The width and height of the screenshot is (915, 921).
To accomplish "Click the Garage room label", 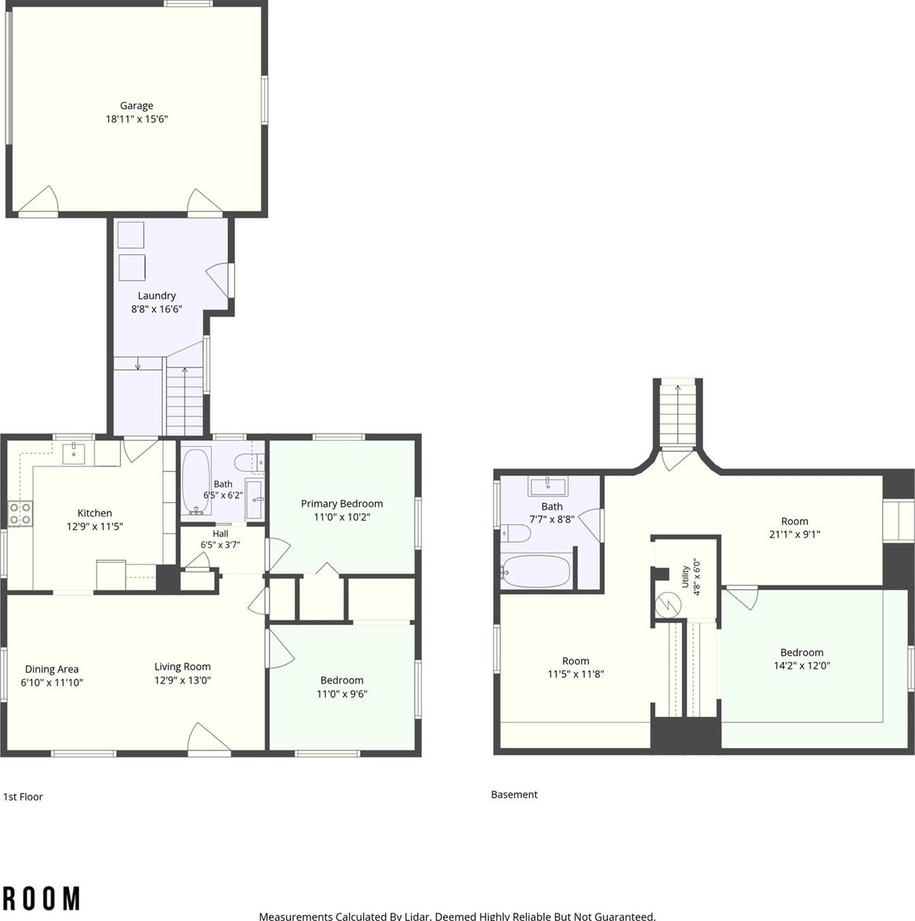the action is tap(136, 105).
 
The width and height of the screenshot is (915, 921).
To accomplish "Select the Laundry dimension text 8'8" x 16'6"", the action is tap(157, 309).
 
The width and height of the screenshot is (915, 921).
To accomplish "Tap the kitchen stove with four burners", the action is tap(20, 514).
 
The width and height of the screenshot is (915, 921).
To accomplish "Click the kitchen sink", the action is tap(73, 453).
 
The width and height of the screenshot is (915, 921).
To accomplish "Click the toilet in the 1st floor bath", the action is tap(249, 462).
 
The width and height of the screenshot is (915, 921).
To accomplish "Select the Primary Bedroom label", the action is tap(342, 504).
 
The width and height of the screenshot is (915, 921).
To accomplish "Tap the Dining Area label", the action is tap(52, 669).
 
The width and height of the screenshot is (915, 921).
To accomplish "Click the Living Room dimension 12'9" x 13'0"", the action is tap(182, 680).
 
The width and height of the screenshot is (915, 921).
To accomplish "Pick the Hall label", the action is tap(220, 533).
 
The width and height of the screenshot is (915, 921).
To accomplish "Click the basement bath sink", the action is tap(547, 486).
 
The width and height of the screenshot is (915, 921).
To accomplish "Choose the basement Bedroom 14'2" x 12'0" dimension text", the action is tap(801, 665).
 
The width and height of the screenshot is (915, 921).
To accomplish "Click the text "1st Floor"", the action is tap(23, 797).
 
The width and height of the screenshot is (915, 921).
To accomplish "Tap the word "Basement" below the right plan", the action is tap(514, 794).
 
